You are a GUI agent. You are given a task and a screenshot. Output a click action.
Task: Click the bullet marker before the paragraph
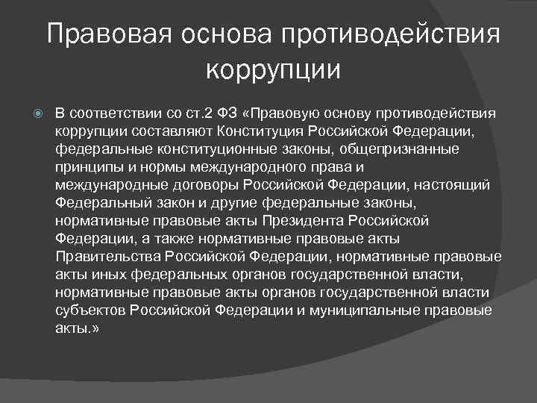click(x=38, y=113)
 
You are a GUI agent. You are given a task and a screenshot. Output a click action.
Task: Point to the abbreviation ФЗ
click(x=227, y=113)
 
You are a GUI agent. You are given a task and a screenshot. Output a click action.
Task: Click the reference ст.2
click(x=199, y=113)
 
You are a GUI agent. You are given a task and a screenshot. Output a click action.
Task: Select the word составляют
click(x=172, y=131)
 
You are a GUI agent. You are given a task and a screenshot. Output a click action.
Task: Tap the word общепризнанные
click(x=399, y=149)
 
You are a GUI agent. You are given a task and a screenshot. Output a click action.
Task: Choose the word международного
click(x=248, y=168)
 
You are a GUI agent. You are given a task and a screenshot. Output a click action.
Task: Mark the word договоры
click(x=206, y=185)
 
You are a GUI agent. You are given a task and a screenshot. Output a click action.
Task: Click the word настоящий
click(x=452, y=185)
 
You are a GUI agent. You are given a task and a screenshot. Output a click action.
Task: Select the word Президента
click(x=303, y=221)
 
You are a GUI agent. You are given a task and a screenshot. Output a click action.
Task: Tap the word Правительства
click(x=108, y=257)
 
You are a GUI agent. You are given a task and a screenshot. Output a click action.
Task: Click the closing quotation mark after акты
click(x=95, y=329)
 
